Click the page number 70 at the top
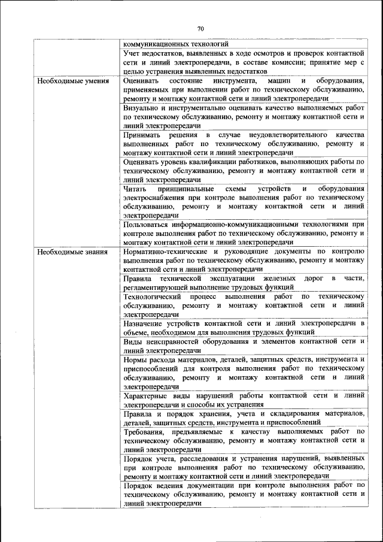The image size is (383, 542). click(x=200, y=28)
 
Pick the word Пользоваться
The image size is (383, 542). click(x=150, y=225)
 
